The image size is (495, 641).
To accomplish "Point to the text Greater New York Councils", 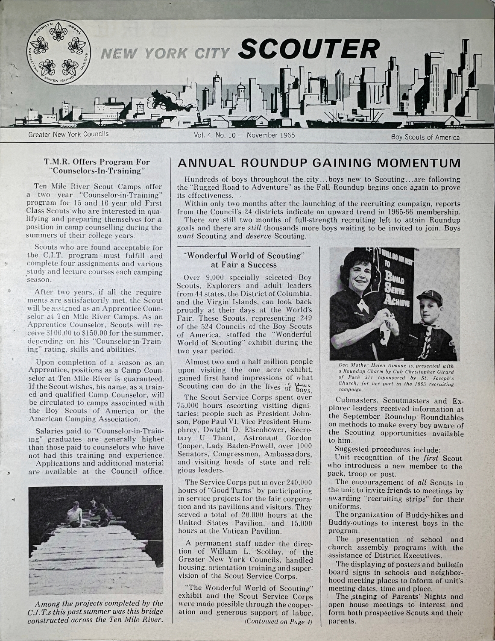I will click(x=68, y=134).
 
